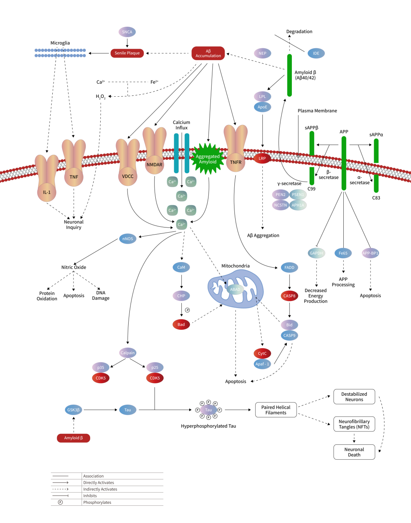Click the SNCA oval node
click(127, 32)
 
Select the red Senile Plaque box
click(127, 53)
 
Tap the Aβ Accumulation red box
click(208, 53)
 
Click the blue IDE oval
click(316, 53)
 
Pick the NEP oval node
click(262, 53)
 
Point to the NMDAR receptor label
click(154, 165)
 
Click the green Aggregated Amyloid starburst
click(208, 159)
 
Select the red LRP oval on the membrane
click(262, 159)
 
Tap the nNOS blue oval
click(127, 239)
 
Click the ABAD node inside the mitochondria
click(235, 290)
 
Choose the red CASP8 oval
click(289, 296)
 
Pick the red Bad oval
click(181, 325)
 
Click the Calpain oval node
click(127, 353)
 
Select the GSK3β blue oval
click(74, 410)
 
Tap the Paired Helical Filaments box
click(276, 410)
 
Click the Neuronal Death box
click(354, 452)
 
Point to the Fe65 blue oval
click(343, 253)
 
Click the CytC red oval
click(262, 354)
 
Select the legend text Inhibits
click(90, 496)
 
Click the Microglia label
click(60, 43)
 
